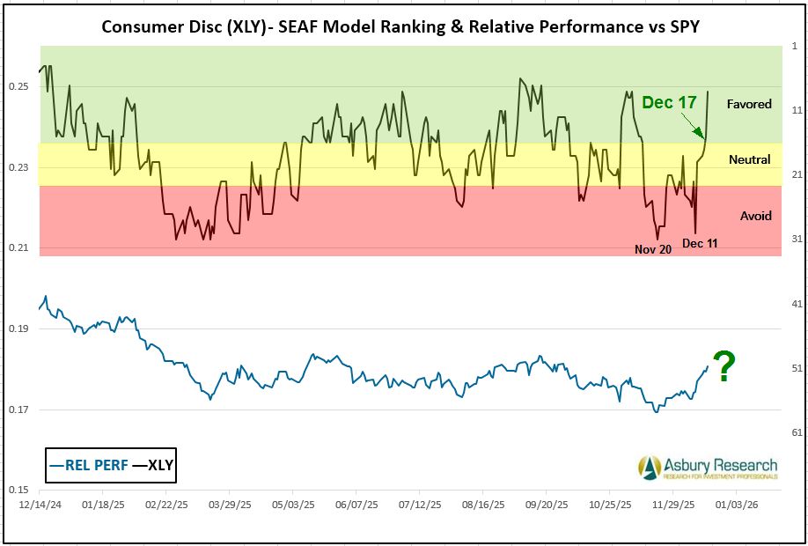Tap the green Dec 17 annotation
click(669, 103)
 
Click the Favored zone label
click(749, 104)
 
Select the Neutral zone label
click(749, 159)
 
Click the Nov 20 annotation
click(653, 249)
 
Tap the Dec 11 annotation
click(700, 243)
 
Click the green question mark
click(724, 366)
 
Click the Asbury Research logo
click(709, 467)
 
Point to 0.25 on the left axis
click(18, 86)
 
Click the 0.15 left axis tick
click(18, 490)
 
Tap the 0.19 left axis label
click(18, 328)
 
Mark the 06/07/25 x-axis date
click(357, 507)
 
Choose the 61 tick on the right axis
click(794, 432)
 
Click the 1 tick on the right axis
click(794, 46)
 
